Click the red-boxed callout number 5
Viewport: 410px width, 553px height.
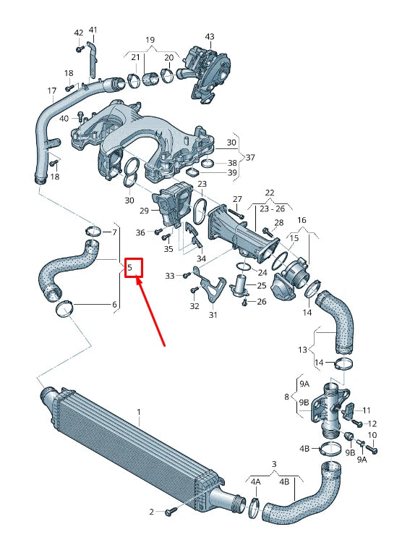[x=133, y=269]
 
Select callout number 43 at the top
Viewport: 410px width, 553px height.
[x=210, y=36]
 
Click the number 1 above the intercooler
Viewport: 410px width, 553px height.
[x=140, y=411]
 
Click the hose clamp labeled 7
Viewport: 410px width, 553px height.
[x=93, y=232]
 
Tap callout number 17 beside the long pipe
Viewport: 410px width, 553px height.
[x=51, y=91]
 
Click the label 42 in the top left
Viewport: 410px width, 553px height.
[x=78, y=33]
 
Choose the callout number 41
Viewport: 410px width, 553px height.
[x=93, y=30]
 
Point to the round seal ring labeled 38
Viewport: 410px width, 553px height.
[x=207, y=163]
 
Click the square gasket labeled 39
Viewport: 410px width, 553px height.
[x=195, y=173]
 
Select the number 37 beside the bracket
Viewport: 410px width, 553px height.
[x=250, y=158]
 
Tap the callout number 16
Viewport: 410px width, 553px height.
[x=302, y=219]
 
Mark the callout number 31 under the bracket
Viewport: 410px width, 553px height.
[x=213, y=314]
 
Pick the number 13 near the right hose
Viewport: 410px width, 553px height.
[x=302, y=350]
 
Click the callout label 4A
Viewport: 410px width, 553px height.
[x=255, y=481]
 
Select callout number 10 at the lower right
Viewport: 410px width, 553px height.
[x=372, y=435]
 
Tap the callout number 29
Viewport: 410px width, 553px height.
[x=144, y=210]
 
